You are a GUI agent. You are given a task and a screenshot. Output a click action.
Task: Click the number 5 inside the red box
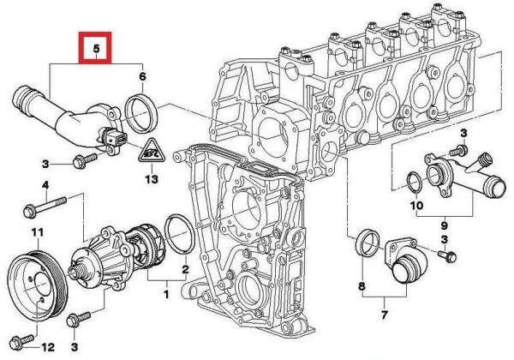coord(96,48)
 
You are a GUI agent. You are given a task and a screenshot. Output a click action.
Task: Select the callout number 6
coord(142,76)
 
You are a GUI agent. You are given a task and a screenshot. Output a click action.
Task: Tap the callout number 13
coord(152,179)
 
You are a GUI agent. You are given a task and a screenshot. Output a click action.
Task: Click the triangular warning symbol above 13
coord(151,151)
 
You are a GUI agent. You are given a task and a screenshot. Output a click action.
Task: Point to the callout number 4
coord(45,185)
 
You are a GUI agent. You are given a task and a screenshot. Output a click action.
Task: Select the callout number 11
coord(37,232)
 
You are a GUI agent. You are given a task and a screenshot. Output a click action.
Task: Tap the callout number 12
coord(48,347)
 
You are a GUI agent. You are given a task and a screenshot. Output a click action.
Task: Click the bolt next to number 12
coord(21,341)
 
